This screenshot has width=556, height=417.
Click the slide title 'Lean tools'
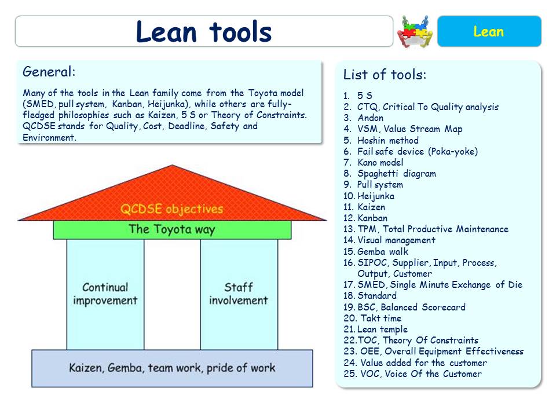pos(203,31)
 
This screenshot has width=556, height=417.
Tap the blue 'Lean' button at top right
pos(488,31)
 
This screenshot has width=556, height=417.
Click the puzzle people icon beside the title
pos(415,31)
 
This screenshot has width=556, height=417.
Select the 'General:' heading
pos(49,72)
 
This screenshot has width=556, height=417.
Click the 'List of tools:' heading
pos(385,75)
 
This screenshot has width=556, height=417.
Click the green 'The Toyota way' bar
pos(172,229)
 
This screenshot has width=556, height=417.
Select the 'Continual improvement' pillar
pos(105,294)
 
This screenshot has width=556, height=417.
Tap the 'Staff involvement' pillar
pos(239,294)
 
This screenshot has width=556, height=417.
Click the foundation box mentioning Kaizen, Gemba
pos(172,368)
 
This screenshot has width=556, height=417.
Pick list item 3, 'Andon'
pos(370,118)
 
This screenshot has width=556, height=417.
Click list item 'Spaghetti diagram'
pos(396,174)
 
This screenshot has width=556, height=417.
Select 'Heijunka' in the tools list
pos(375,196)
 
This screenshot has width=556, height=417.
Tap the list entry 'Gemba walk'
pos(382,251)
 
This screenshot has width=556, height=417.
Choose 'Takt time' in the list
pos(381,319)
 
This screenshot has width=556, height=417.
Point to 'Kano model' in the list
pos(380,163)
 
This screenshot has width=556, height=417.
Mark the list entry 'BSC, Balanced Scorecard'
pos(411,307)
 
